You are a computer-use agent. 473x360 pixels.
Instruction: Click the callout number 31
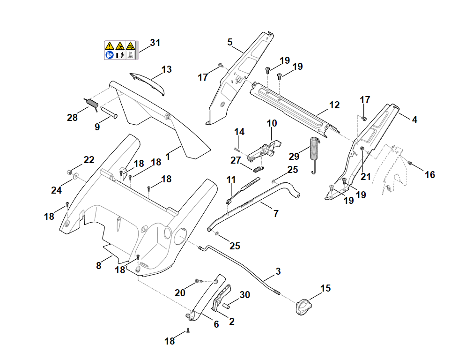click(x=155, y=43)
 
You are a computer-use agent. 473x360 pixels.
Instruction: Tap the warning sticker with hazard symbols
click(x=119, y=50)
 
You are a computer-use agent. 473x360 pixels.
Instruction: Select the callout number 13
click(x=167, y=69)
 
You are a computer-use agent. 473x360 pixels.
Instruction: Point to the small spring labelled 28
click(x=91, y=104)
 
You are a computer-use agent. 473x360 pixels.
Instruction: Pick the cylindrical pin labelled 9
click(x=107, y=112)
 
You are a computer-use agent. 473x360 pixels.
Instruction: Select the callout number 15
click(x=325, y=288)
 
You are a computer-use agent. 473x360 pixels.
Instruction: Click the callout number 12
click(x=334, y=105)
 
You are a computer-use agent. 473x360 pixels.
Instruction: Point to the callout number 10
click(x=272, y=123)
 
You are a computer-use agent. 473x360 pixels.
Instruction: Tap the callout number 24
click(x=56, y=190)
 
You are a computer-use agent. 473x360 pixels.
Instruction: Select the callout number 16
click(x=429, y=175)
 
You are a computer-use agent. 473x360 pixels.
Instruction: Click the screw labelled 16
click(x=410, y=163)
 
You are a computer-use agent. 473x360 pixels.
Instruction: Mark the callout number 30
click(x=244, y=295)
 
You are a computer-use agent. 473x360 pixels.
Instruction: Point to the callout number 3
click(x=278, y=271)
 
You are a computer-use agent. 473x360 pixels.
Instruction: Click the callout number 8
click(x=98, y=266)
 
